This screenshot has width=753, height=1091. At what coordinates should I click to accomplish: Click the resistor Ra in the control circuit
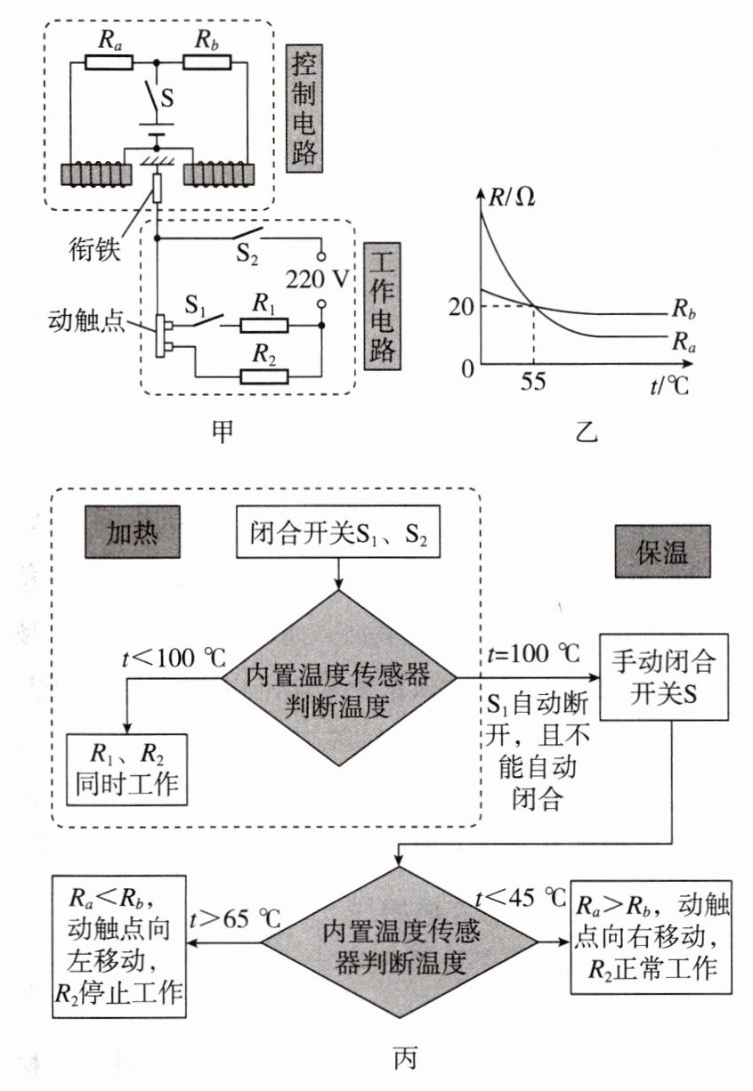click(109, 62)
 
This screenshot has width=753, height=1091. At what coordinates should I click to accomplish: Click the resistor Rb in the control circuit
click(207, 62)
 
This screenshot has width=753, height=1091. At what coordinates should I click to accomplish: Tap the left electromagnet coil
click(96, 174)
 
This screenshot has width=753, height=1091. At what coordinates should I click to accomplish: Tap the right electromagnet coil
click(219, 174)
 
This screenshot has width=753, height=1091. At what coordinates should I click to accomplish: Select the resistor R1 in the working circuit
click(264, 326)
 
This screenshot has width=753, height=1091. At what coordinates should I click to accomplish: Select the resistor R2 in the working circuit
click(264, 376)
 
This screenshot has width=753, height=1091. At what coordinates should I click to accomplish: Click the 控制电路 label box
click(304, 109)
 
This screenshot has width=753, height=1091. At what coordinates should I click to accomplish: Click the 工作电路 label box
click(383, 306)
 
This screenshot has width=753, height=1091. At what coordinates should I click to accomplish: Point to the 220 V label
click(318, 279)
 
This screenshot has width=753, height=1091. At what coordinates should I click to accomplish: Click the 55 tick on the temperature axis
click(533, 382)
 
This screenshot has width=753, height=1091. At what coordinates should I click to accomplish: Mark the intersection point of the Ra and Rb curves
click(534, 306)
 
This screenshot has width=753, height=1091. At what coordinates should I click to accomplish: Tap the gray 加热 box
click(133, 532)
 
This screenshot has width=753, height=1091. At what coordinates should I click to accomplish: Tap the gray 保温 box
click(662, 552)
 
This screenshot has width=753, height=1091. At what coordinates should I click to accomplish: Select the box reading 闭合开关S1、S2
click(338, 531)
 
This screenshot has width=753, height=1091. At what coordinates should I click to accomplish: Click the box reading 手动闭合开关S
click(664, 677)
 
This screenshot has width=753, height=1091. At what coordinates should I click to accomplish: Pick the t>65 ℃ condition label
click(235, 919)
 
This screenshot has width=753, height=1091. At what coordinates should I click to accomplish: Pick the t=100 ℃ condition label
click(534, 654)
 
